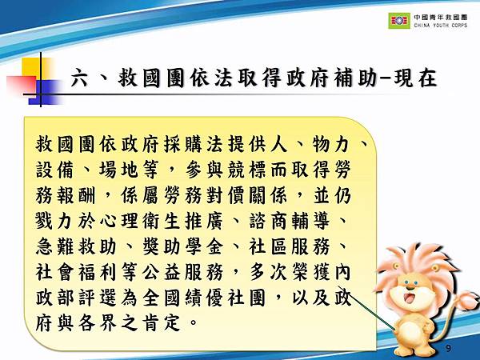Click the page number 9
(447, 349)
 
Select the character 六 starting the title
(78, 79)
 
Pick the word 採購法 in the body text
(213, 145)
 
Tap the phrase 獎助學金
(189, 246)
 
